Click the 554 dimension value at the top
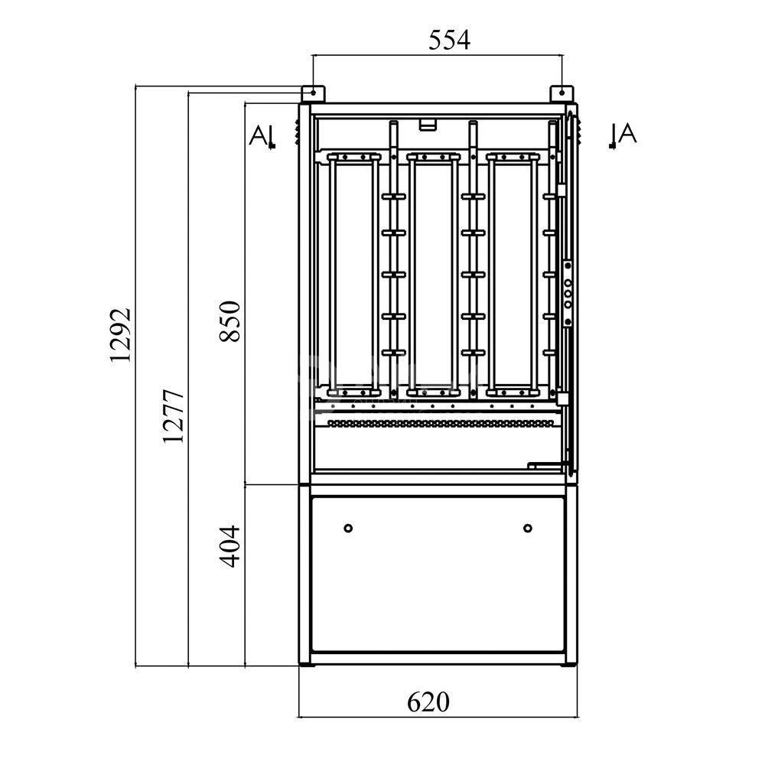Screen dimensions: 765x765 click(x=449, y=40)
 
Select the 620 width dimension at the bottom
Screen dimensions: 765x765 click(x=428, y=702)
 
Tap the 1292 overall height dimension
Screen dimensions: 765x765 click(x=120, y=335)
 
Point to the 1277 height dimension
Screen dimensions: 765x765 click(x=173, y=415)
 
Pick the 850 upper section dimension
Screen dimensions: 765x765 click(x=229, y=321)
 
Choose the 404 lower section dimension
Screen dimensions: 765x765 click(x=229, y=546)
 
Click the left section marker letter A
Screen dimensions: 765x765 click(x=258, y=135)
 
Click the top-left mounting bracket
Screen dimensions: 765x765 click(x=313, y=93)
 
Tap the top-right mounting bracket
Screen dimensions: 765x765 click(x=562, y=93)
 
